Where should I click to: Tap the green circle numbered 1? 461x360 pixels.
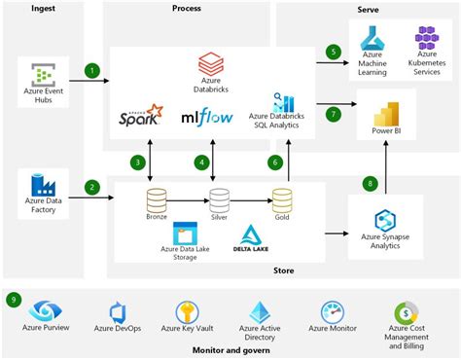(x=91, y=70)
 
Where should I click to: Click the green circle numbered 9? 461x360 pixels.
(x=14, y=299)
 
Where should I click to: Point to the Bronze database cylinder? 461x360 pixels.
(x=157, y=199)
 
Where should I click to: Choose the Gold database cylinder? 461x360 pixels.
(x=282, y=199)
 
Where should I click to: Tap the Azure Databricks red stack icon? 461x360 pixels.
(x=211, y=67)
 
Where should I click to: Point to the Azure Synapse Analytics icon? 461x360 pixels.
(x=389, y=223)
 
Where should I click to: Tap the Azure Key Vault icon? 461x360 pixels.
(x=188, y=312)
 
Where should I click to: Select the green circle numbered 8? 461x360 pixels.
(x=369, y=182)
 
